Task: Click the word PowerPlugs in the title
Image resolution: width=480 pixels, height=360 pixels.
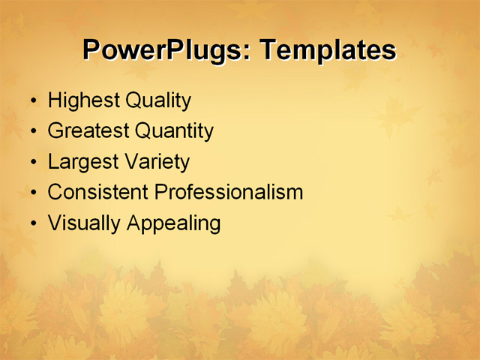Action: click(x=165, y=49)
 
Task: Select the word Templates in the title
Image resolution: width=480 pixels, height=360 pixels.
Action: click(x=327, y=49)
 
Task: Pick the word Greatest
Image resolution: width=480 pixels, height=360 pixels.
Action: click(x=88, y=130)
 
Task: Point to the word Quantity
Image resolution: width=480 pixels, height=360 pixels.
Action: click(x=175, y=130)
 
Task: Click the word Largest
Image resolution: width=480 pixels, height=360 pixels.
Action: click(x=82, y=161)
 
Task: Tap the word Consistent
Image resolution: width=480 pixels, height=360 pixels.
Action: click(x=98, y=192)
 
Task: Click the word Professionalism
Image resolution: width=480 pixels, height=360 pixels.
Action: click(x=229, y=192)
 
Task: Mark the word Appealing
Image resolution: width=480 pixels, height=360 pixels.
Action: click(x=173, y=223)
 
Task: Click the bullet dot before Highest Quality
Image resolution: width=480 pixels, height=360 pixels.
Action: click(x=31, y=100)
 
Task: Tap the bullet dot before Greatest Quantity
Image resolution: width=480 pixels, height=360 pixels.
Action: click(x=31, y=131)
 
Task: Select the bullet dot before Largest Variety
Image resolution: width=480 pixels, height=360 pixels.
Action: click(x=31, y=162)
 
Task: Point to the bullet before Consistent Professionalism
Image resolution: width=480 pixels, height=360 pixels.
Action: click(x=31, y=193)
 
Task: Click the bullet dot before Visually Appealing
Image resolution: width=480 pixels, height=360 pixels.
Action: click(x=31, y=223)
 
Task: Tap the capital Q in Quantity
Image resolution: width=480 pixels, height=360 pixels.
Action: click(x=143, y=130)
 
